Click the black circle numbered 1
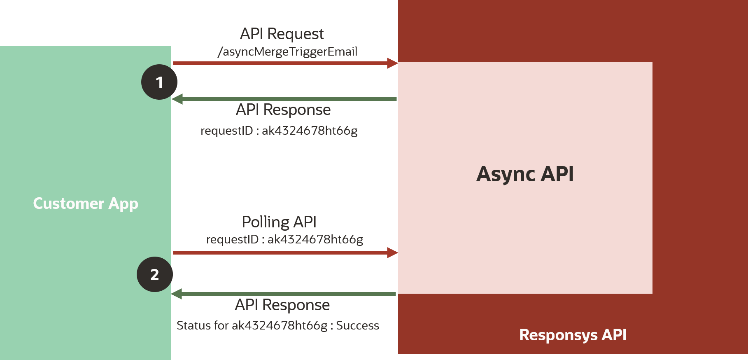159,82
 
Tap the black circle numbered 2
155,274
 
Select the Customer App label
86,203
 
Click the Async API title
525,174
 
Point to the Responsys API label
573,335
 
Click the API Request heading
282,34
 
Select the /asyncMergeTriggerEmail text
287,52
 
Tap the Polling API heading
279,222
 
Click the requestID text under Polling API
284,239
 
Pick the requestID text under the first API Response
279,131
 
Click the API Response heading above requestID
283,110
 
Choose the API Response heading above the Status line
282,305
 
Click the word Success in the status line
357,325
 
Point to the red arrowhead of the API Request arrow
392,63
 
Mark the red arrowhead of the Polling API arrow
392,252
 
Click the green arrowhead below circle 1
177,99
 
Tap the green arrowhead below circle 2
177,294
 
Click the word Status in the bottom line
193,325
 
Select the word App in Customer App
123,204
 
